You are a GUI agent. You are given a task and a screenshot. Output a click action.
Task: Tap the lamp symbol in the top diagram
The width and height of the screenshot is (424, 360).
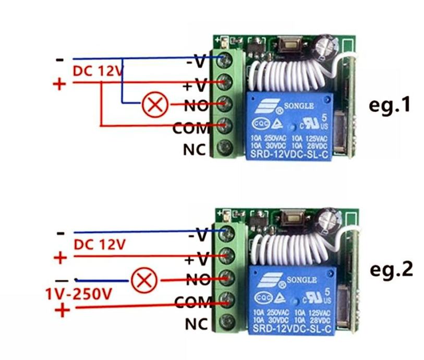coord(154,106)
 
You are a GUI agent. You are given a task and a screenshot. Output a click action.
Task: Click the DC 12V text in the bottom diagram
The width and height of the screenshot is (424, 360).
coord(100,244)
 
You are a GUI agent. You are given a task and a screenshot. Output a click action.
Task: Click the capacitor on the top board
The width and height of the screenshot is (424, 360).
coord(329,44)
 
